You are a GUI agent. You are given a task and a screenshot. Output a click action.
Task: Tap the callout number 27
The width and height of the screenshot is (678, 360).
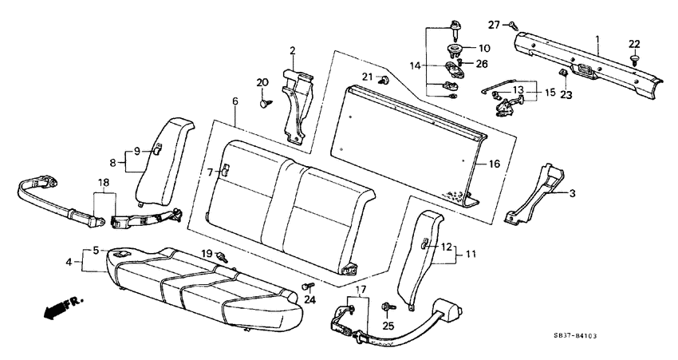(493, 25)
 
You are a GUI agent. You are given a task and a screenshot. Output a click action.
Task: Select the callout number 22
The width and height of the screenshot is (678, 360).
(634, 43)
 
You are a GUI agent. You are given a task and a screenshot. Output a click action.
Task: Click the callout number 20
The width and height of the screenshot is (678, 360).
(262, 83)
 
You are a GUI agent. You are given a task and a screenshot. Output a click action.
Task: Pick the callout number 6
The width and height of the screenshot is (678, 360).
(235, 101)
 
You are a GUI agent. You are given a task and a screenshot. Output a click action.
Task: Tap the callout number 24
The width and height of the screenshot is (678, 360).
(309, 300)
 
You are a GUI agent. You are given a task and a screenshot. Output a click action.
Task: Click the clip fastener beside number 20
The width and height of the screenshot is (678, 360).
(266, 101)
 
